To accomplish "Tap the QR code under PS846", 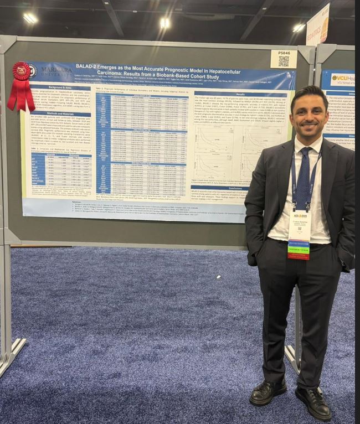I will [284, 61].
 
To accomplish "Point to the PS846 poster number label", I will [284, 53].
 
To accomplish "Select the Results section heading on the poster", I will [240, 94].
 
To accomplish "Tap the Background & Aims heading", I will [58, 87].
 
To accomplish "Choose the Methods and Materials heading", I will [58, 113].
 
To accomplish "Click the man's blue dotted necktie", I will [303, 177].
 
